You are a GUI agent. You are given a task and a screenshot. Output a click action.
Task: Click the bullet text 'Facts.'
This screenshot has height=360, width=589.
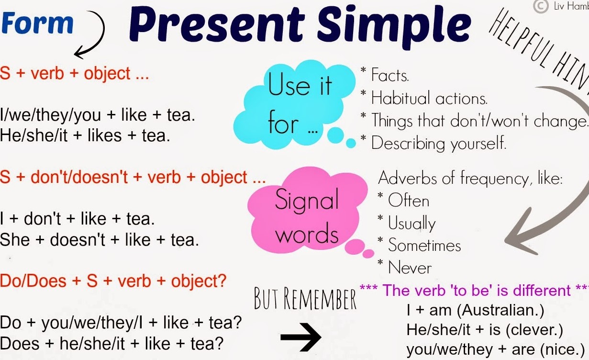[390, 75]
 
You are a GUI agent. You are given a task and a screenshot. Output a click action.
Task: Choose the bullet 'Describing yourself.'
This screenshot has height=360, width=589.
[438, 143]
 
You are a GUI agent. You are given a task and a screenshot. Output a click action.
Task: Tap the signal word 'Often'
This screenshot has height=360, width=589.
[408, 201]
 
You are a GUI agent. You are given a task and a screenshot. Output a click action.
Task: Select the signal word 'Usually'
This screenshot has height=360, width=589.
[411, 224]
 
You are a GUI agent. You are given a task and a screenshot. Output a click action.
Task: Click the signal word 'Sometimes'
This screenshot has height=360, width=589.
[424, 246]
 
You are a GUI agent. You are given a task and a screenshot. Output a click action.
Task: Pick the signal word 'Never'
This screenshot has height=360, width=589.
[410, 268]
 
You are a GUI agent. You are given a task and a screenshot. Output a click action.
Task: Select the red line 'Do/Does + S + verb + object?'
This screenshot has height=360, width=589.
[113, 281]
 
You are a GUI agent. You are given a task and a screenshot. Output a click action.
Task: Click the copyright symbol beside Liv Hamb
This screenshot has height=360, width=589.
[540, 6]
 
